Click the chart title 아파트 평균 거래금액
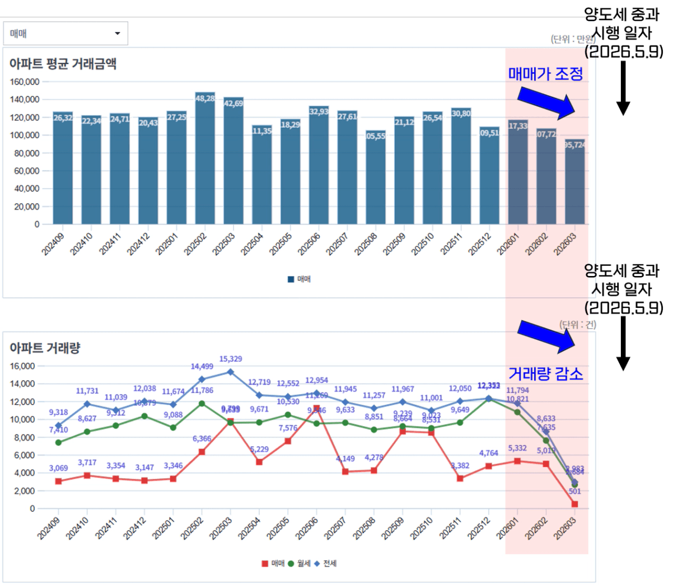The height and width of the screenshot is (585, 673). [x=63, y=64]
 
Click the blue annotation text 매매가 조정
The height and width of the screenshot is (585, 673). [x=545, y=74]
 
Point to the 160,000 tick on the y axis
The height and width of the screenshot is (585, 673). [x=25, y=82]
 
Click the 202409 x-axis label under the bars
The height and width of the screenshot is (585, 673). [x=53, y=244]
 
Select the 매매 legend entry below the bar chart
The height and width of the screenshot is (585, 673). [x=300, y=279]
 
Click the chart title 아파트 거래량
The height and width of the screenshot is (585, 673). [x=45, y=348]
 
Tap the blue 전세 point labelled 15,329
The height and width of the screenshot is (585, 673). [x=230, y=372]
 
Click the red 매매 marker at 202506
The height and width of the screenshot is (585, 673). [x=316, y=409]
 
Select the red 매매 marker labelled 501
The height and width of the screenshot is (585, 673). [x=574, y=504]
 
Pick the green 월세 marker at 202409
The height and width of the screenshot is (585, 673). [x=58, y=442]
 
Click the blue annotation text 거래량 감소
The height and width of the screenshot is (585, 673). [x=545, y=374]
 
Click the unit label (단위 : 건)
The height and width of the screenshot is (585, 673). [x=578, y=325]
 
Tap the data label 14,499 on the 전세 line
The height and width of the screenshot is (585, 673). [x=202, y=367]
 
